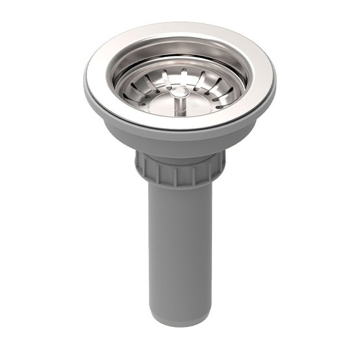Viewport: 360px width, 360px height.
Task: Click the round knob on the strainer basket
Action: [180, 93]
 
